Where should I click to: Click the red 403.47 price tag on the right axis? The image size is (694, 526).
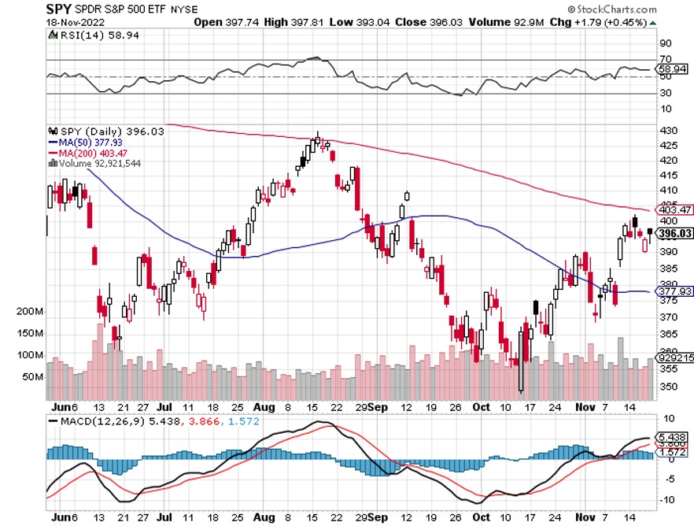coord(674,209)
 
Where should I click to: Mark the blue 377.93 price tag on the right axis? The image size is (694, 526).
coord(674,291)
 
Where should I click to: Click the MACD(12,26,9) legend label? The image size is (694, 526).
coord(92,422)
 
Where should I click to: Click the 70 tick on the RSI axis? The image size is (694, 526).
coord(666,59)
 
